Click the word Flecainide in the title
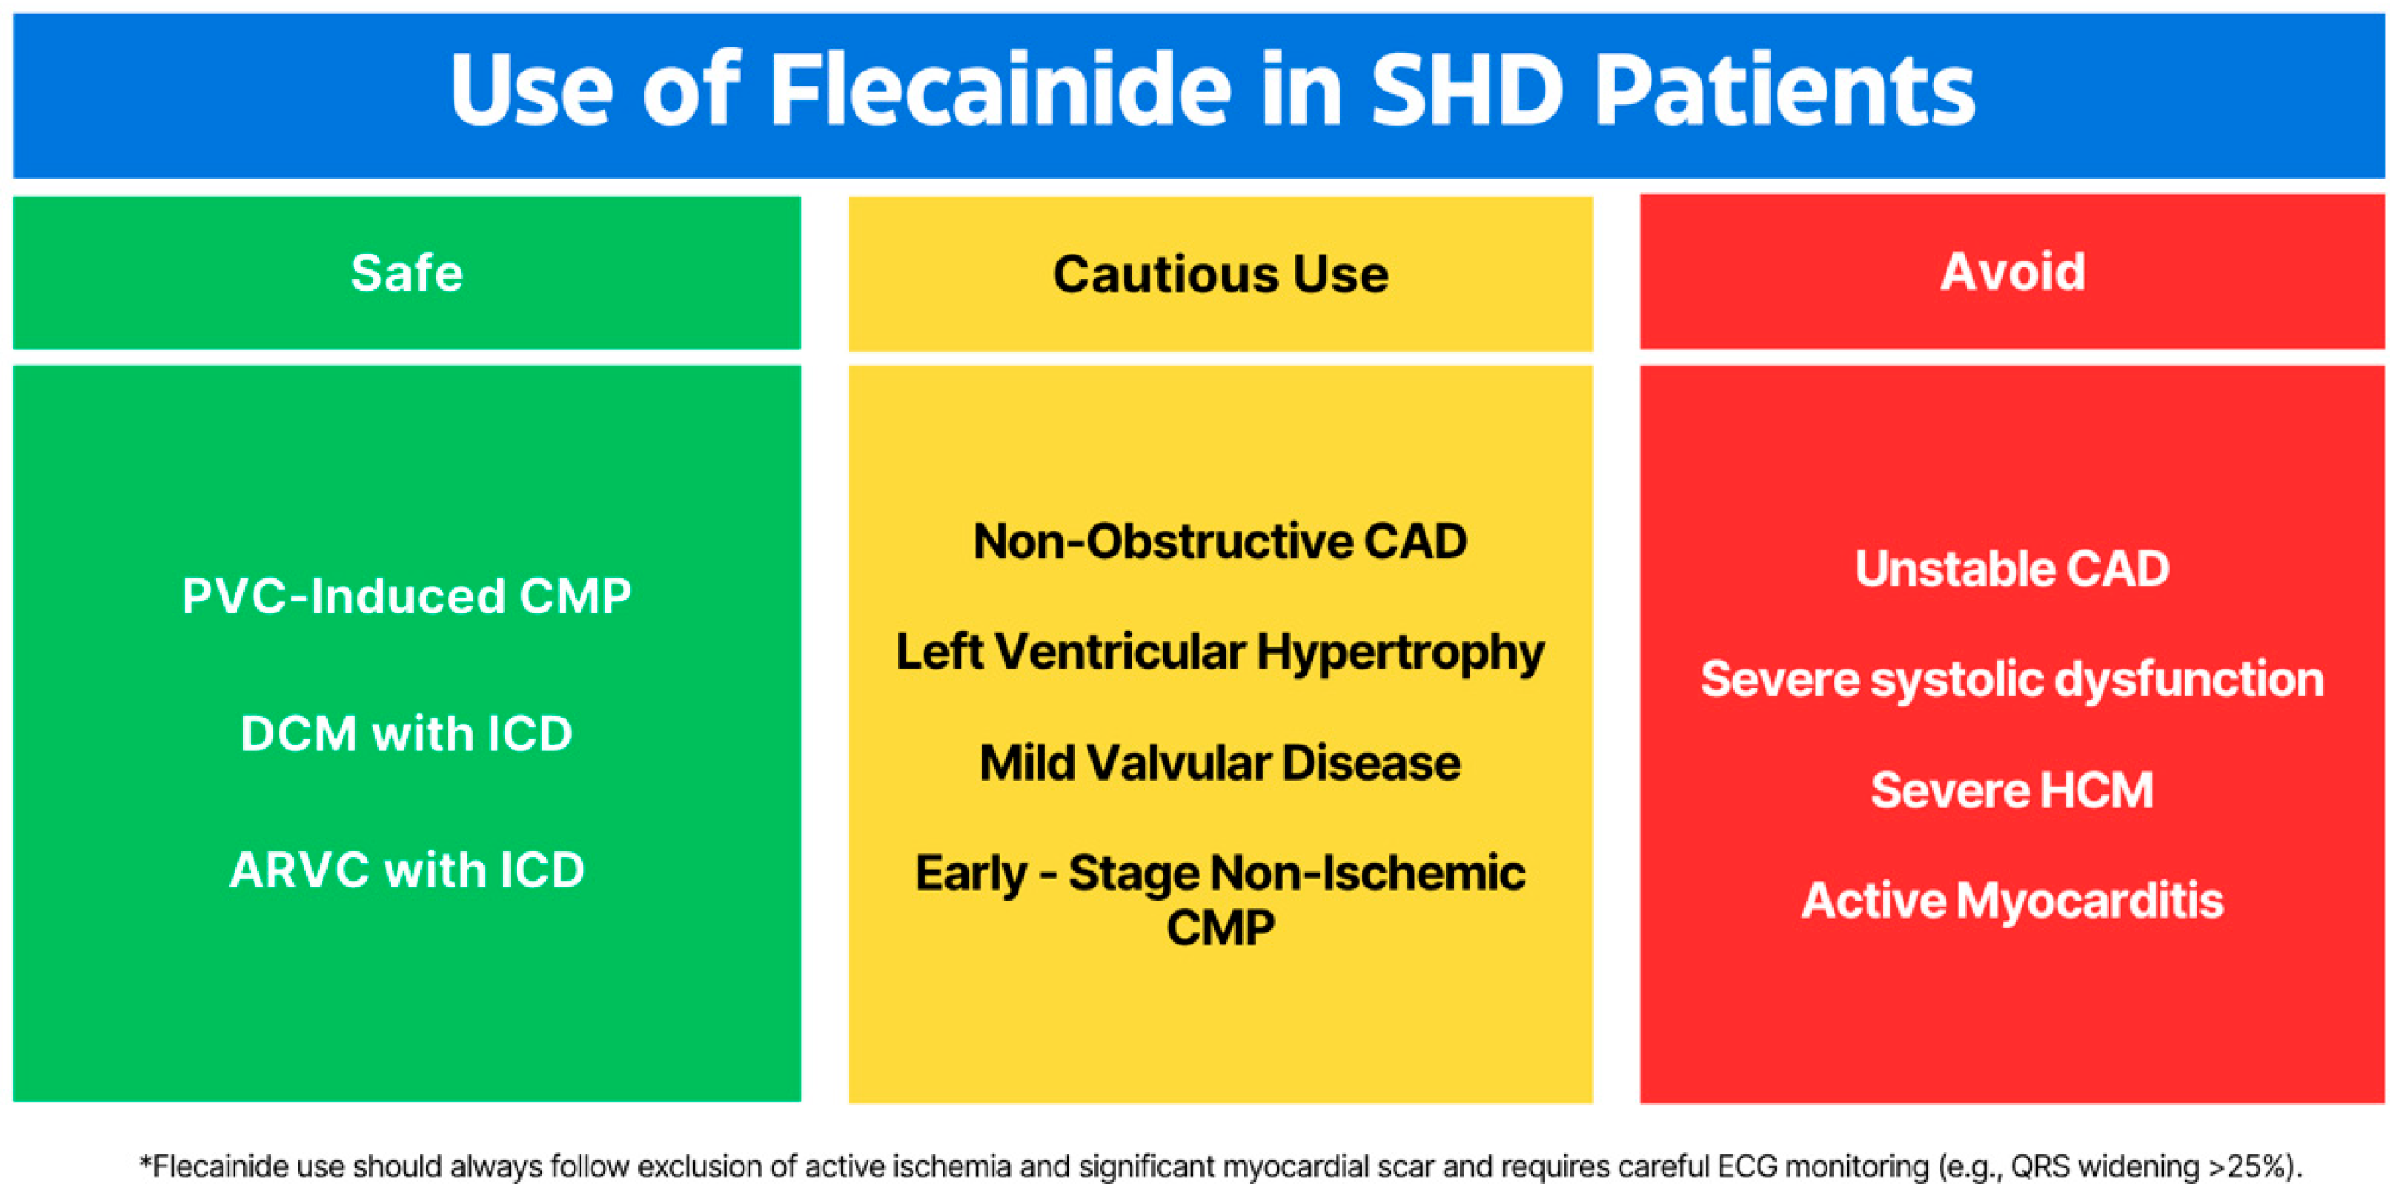[1000, 91]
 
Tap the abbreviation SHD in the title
[1466, 91]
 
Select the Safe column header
[406, 273]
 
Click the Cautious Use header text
[1220, 274]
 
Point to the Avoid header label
[2012, 272]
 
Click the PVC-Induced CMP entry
[406, 597]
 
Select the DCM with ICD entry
[406, 733]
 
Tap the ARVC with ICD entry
[406, 870]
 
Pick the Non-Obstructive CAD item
[1220, 542]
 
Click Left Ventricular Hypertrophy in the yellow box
[1220, 653]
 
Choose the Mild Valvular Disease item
[1220, 763]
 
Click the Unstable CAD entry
[2012, 568]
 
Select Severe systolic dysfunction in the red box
[2012, 681]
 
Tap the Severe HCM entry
[2012, 790]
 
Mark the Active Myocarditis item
[2012, 901]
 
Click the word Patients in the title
[1784, 91]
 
